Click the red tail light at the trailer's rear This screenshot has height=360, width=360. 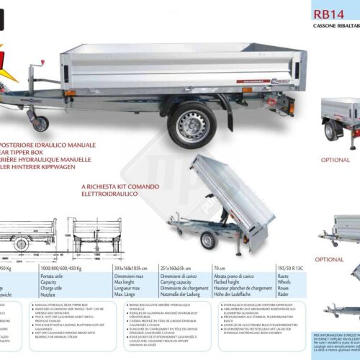click(291, 93)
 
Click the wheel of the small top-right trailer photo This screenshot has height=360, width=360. click(330, 131)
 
